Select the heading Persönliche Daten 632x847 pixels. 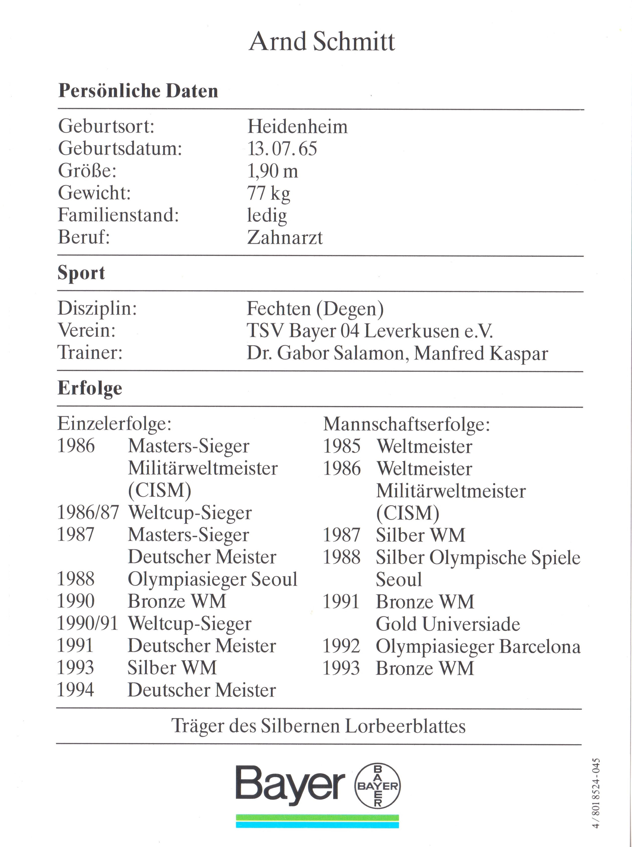(138, 91)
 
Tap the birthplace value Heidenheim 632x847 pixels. (297, 127)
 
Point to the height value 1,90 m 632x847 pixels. (273, 171)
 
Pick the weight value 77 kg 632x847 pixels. (268, 193)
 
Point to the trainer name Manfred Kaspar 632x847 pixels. (481, 353)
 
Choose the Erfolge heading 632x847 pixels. (90, 388)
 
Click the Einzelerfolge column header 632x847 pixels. (114, 424)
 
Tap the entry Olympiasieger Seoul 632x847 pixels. (212, 579)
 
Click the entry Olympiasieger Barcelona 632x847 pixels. (478, 646)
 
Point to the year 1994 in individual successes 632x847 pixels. (75, 690)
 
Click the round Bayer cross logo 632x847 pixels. (377, 786)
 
